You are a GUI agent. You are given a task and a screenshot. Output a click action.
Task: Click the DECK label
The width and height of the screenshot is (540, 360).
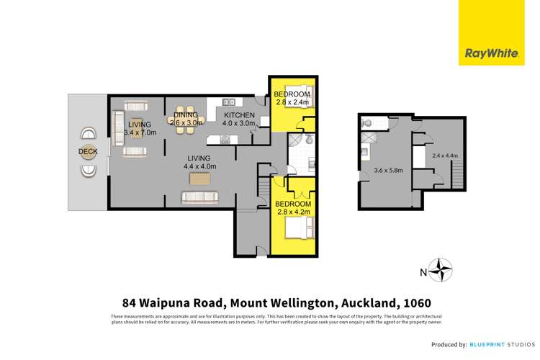[x=88, y=152]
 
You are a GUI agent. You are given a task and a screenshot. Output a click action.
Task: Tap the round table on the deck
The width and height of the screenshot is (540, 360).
[x=88, y=152]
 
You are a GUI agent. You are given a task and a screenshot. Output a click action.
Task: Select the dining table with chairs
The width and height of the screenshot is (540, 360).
[x=186, y=118]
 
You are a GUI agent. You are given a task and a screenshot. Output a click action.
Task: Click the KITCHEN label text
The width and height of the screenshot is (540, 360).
[x=238, y=115]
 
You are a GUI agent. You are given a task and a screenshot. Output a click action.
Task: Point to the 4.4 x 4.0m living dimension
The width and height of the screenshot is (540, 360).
[x=198, y=167]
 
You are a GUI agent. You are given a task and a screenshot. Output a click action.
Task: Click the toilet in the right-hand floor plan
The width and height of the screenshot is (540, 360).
[x=368, y=122]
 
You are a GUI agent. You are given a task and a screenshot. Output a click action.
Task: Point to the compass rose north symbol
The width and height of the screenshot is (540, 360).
[x=441, y=271]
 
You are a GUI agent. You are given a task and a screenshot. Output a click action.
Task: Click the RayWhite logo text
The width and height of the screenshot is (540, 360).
[x=487, y=51]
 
